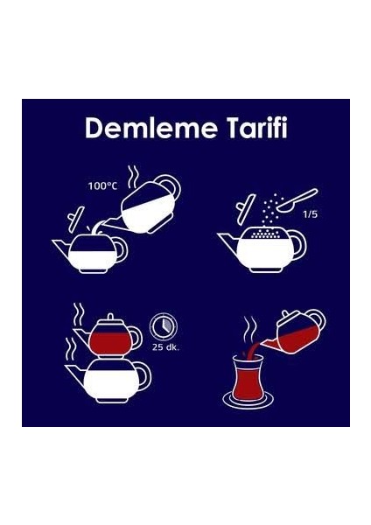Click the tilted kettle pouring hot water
[x=148, y=205]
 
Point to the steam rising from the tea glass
[x=248, y=335]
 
